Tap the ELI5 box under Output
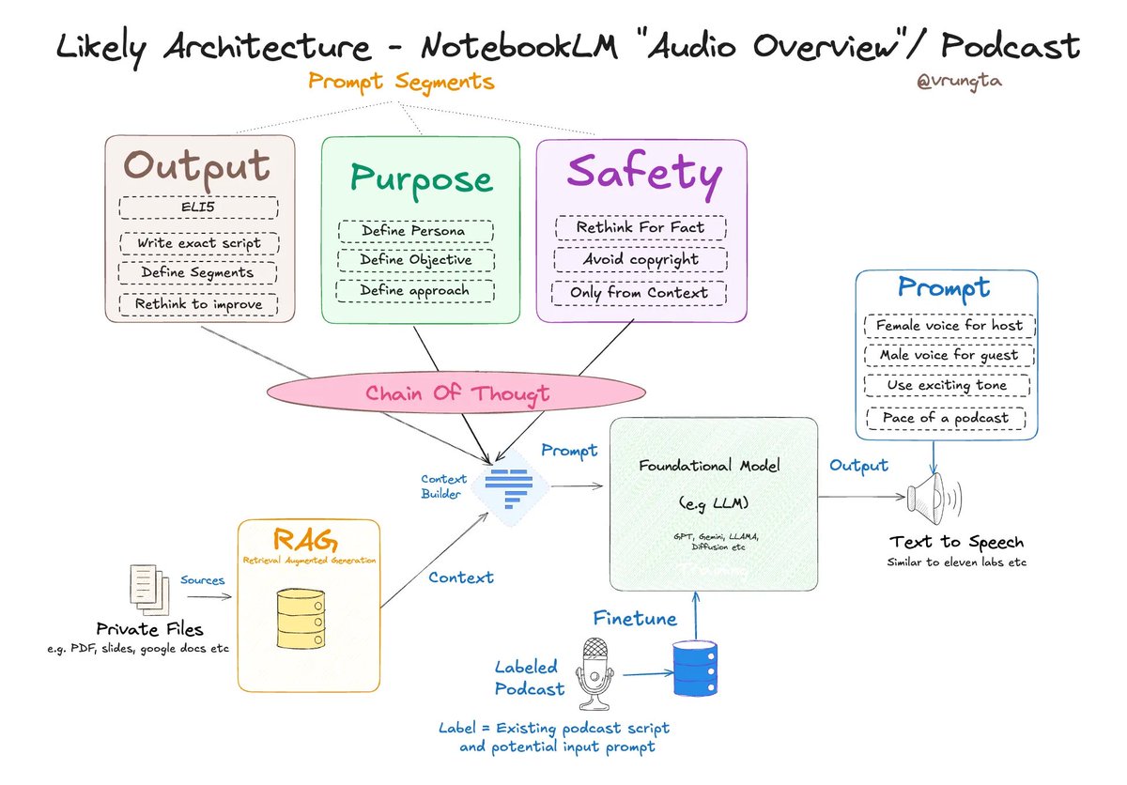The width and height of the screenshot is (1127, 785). [198, 208]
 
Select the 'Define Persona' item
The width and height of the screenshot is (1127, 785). [414, 231]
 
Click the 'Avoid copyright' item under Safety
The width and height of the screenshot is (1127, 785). [640, 259]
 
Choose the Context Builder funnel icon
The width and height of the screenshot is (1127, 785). [511, 484]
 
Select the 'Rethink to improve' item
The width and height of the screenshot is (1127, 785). [197, 304]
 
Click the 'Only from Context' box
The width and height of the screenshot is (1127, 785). [640, 292]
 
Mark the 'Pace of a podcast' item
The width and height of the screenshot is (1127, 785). [945, 418]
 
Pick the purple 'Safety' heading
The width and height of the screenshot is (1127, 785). [643, 174]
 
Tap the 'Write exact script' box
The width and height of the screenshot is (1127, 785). [197, 243]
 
